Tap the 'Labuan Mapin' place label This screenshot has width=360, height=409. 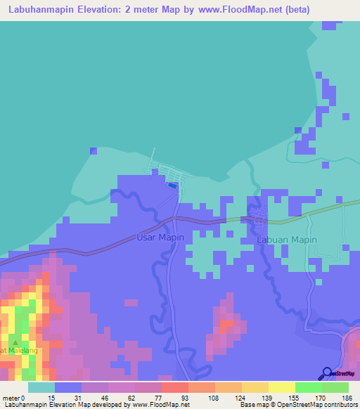click(x=287, y=240)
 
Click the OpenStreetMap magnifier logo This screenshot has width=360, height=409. click(x=328, y=373)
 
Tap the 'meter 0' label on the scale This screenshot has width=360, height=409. click(x=13, y=397)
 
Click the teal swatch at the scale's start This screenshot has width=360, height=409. click(x=41, y=387)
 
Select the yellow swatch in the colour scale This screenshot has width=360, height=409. click(x=281, y=387)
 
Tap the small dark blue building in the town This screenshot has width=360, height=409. click(x=172, y=186)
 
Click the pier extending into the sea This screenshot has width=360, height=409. click(x=153, y=157)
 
